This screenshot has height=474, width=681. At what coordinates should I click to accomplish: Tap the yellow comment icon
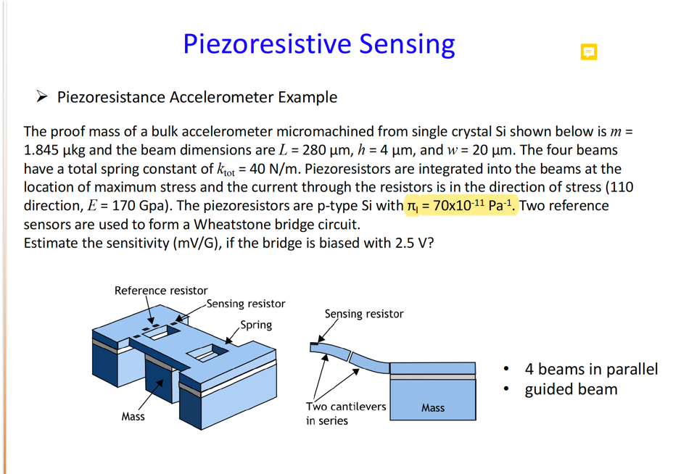coord(589,52)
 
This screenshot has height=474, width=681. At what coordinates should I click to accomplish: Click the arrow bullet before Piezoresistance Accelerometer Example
coord(42,96)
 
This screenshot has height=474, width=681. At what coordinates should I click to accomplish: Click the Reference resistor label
coord(160,291)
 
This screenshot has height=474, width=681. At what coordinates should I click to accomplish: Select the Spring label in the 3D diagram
coord(256,325)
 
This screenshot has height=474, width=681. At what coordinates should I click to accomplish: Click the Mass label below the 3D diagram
coord(133,417)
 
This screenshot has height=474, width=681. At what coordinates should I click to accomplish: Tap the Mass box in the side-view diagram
coord(433,407)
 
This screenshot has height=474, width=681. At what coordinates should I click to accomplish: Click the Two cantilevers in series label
coord(345,413)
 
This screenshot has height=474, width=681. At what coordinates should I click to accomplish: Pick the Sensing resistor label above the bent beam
coord(363,314)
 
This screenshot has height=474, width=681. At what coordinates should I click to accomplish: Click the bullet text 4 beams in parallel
coord(591,369)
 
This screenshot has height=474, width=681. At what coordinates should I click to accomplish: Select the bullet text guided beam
coord(571,389)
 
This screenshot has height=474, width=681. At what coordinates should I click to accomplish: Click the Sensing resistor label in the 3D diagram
coord(246,304)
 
